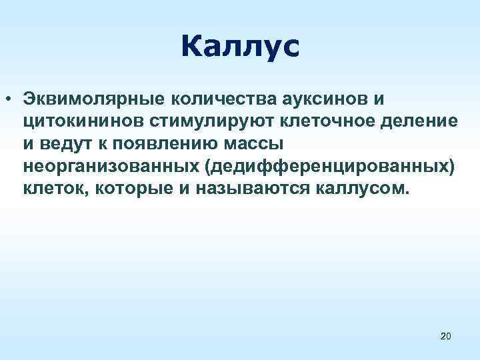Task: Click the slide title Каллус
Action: tap(240, 47)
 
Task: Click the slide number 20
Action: tap(446, 338)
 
